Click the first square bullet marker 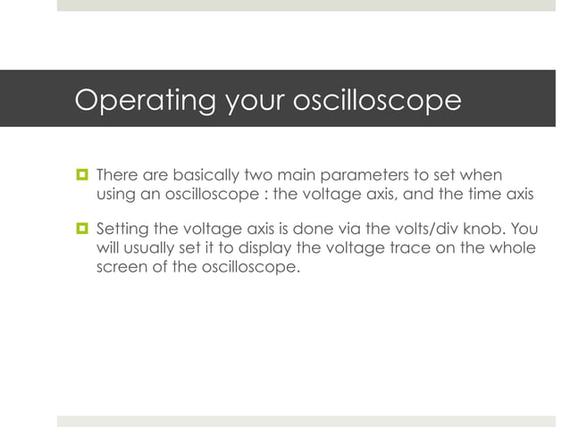[x=80, y=172]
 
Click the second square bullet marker [x=80, y=228]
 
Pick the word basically [x=197, y=172]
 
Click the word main [x=291, y=172]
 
